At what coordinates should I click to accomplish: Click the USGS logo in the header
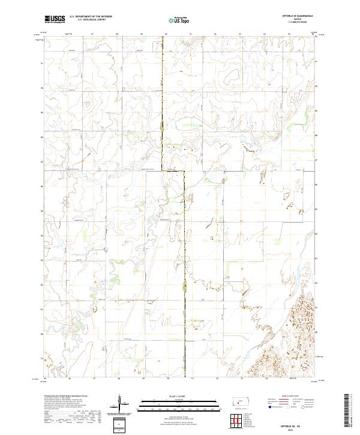pyautogui.click(x=55, y=20)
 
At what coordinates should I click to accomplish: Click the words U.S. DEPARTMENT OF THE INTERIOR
pyautogui.click(x=91, y=17)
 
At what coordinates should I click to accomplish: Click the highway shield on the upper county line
pyautogui.click(x=163, y=125)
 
